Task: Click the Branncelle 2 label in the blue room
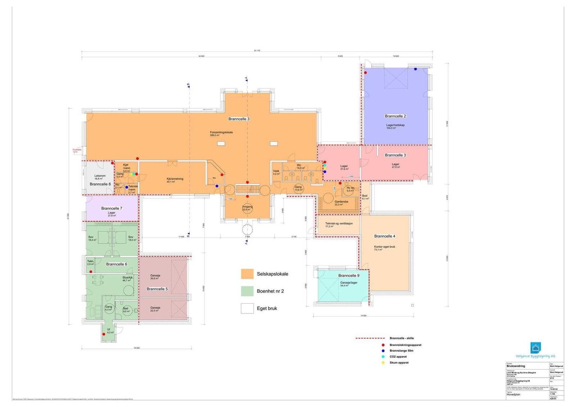point(395,116)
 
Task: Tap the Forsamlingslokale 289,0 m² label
point(221,133)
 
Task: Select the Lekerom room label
point(100,177)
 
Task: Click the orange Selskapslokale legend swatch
point(247,274)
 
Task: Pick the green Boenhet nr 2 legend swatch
point(247,291)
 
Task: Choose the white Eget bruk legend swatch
point(247,308)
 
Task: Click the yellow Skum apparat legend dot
point(383,363)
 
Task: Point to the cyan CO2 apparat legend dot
point(383,357)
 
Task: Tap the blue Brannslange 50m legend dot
point(383,350)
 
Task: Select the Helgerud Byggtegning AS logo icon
point(536,348)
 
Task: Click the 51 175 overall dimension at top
point(257,51)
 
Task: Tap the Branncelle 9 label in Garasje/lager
point(348,276)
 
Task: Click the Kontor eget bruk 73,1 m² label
point(384,248)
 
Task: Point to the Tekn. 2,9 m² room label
point(90,263)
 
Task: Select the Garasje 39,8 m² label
point(155,277)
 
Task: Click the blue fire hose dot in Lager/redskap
point(415,69)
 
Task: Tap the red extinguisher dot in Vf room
point(104,334)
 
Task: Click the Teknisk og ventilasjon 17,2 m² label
point(339,224)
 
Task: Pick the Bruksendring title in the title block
point(516,366)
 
